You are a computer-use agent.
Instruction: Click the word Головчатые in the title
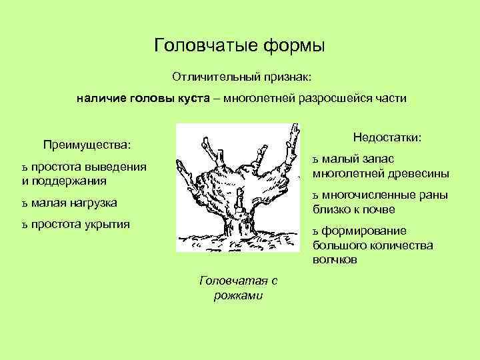201,46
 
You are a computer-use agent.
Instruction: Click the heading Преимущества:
87,145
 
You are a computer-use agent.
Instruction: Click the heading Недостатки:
387,137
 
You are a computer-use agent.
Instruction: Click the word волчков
335,259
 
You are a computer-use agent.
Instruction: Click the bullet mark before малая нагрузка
25,203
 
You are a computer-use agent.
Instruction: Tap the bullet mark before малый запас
317,159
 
